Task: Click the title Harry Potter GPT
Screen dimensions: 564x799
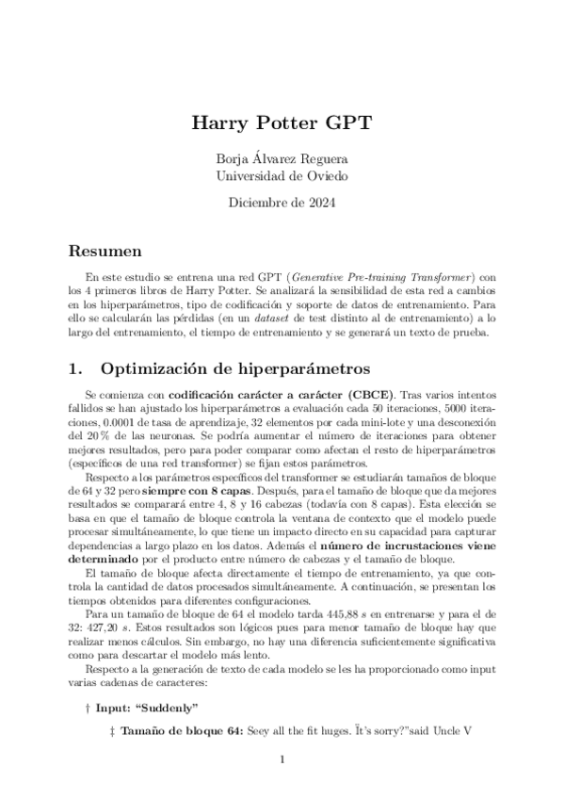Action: (x=282, y=123)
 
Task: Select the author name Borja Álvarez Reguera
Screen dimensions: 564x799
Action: (x=282, y=158)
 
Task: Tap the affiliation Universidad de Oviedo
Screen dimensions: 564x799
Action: (x=282, y=175)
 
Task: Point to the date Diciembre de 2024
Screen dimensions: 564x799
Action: (x=282, y=202)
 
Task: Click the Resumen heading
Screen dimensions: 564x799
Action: (x=106, y=252)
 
